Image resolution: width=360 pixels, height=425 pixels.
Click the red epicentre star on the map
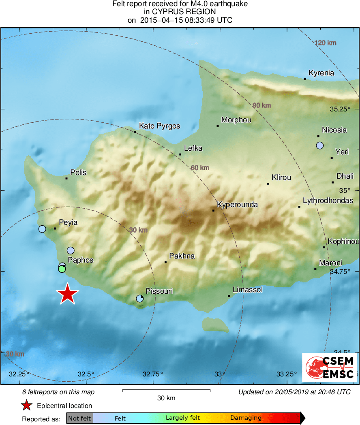(68, 294)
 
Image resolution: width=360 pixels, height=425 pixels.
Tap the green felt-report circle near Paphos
(62, 269)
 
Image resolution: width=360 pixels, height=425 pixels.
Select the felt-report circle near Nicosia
(320, 145)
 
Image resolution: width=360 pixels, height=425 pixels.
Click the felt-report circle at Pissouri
(139, 299)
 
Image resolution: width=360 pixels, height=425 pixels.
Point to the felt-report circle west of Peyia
(42, 229)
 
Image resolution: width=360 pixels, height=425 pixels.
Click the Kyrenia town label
(321, 73)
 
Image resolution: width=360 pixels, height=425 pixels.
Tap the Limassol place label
(247, 290)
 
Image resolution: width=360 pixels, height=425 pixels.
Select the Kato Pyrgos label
(159, 126)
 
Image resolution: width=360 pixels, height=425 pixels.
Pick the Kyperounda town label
(237, 205)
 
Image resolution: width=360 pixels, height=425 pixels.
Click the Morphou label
(236, 120)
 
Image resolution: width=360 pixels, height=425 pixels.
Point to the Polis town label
(78, 173)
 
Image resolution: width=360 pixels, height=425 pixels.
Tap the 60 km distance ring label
(200, 168)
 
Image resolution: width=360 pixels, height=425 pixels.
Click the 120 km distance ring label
(326, 43)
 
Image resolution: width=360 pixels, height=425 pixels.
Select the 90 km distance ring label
(261, 105)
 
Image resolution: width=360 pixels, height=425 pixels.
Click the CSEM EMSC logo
(330, 367)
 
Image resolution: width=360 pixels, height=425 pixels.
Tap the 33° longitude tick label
(220, 374)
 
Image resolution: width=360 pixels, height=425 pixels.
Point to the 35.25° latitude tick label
(340, 109)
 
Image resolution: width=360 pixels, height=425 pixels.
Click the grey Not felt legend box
(80, 418)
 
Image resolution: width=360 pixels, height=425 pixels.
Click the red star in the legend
(27, 406)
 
